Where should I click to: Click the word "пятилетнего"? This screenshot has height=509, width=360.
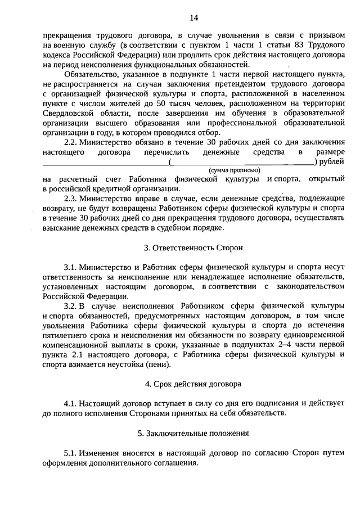pos(67,335)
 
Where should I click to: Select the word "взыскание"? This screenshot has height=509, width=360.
pos(63,228)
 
